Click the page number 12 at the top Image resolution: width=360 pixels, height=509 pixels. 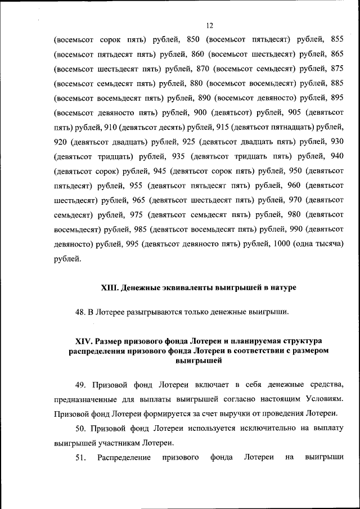click(x=209, y=25)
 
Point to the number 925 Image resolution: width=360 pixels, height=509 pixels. click(x=185, y=142)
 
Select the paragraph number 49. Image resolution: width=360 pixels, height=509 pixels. click(x=80, y=385)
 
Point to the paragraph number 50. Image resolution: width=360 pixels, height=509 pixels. click(x=80, y=429)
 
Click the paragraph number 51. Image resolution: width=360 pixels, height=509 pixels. click(x=80, y=458)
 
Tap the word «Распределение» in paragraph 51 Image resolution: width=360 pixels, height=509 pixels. click(x=123, y=458)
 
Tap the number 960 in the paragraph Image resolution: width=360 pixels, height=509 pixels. click(x=297, y=186)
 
